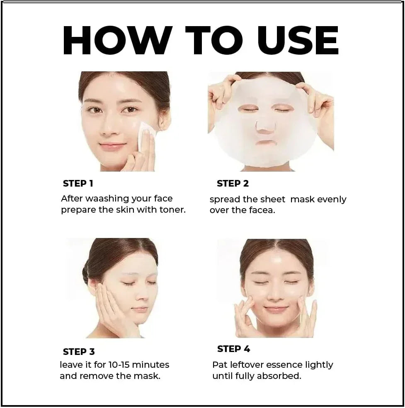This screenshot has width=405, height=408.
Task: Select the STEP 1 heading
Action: pos(78,183)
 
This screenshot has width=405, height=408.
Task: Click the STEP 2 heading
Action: pos(233,183)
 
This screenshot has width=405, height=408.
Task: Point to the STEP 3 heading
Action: pos(79,352)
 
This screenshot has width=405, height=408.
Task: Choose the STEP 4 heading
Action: pos(233,349)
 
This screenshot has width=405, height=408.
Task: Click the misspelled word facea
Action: pos(262,210)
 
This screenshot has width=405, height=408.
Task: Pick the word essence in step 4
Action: pos(282,365)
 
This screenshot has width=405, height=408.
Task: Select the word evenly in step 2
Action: pos(331,199)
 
